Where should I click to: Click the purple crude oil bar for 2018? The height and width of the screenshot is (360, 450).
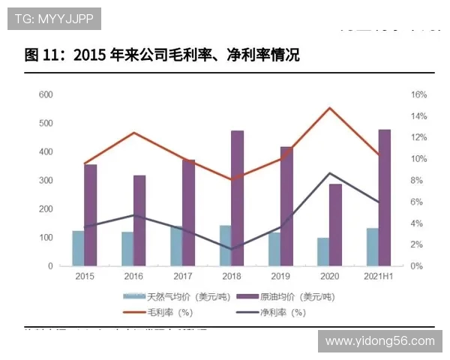point(237,198)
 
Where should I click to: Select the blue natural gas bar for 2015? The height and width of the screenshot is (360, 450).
point(78,248)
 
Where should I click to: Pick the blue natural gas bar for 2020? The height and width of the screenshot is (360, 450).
point(322,252)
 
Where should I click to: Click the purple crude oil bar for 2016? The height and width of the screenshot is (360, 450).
point(139,220)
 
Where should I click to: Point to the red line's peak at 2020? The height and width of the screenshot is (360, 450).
point(329,108)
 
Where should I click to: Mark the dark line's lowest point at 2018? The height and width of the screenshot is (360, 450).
point(231,249)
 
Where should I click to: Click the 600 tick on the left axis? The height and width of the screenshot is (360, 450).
point(45,94)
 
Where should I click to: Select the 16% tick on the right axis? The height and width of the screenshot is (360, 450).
point(418,94)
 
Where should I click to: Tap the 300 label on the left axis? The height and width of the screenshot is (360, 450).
point(45,181)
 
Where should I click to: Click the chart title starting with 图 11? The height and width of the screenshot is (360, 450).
point(161,55)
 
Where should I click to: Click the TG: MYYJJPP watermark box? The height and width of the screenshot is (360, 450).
point(54,19)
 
